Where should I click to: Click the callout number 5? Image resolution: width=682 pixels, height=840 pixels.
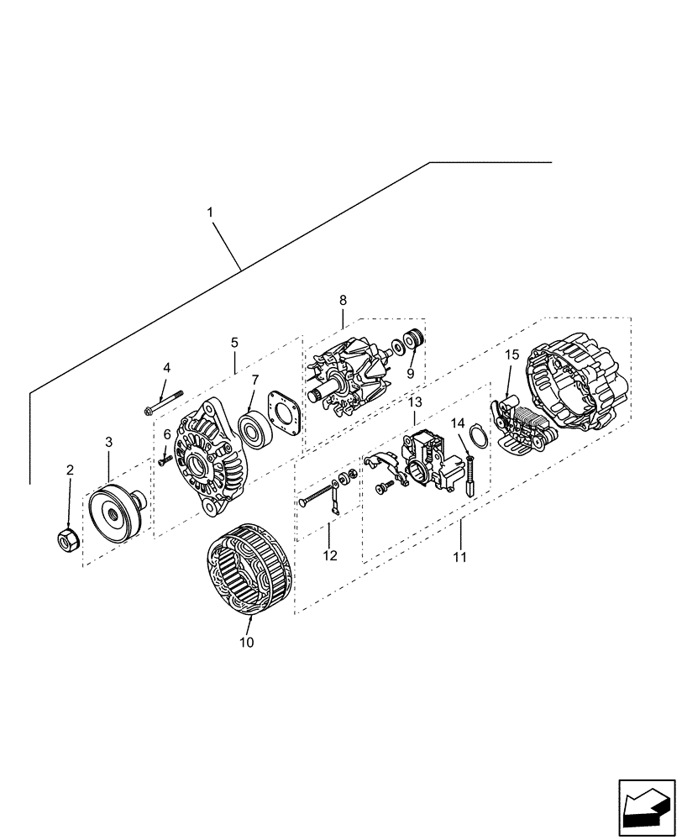pyautogui.click(x=234, y=342)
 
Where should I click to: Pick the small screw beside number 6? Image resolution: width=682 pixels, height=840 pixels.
pyautogui.click(x=165, y=459)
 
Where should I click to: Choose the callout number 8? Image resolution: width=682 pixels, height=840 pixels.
pyautogui.click(x=343, y=299)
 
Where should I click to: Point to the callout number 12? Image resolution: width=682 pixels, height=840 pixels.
pyautogui.click(x=330, y=555)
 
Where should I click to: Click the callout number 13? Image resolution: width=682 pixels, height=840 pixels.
pyautogui.click(x=415, y=403)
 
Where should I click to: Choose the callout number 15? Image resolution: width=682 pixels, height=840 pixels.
pyautogui.click(x=512, y=356)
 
